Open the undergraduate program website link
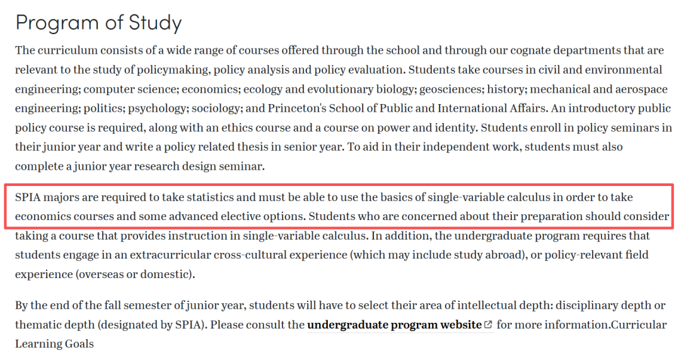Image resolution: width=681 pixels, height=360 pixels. tap(394, 325)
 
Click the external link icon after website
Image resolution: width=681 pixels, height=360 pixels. tap(488, 325)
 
